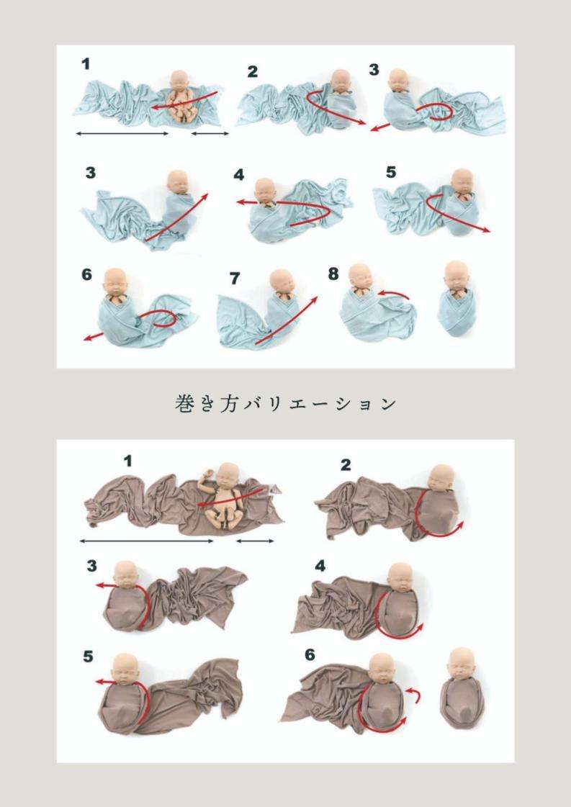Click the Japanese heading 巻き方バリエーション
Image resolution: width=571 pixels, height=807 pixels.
coord(286,404)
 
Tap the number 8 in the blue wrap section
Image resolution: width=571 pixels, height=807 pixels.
coord(333,274)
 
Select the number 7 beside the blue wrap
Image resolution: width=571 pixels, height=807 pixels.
coord(233,277)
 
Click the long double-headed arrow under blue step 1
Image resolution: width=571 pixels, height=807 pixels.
coord(122,134)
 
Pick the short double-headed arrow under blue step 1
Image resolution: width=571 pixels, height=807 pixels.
coord(210,134)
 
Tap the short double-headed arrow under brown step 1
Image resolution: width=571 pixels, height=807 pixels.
coord(256,541)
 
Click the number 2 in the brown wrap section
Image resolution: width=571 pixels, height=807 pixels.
coord(346,465)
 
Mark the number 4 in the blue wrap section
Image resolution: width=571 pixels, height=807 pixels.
coord(239,175)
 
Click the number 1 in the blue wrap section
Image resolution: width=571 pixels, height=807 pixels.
coord(86,65)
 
